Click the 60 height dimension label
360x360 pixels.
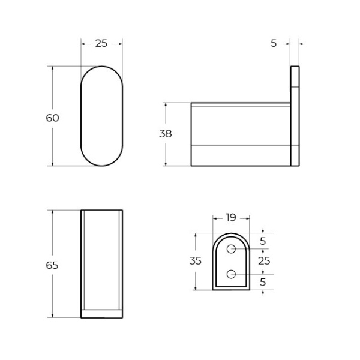point(53,118)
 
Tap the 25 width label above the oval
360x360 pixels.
point(101,43)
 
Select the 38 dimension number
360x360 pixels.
point(165,134)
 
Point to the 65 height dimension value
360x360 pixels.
point(53,265)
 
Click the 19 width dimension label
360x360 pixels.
point(231,218)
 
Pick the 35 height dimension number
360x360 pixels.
point(195,261)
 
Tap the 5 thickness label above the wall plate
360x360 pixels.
point(274,43)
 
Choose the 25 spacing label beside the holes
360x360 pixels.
point(264,261)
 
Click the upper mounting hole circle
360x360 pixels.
point(231,248)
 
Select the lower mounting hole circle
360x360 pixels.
point(231,274)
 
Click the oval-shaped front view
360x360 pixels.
point(102,116)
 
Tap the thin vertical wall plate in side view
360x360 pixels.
point(295,116)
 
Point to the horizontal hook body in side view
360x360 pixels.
point(240,134)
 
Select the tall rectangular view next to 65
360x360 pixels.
point(102,264)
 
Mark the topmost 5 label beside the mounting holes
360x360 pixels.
point(263,241)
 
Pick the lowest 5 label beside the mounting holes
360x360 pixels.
point(263,281)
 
